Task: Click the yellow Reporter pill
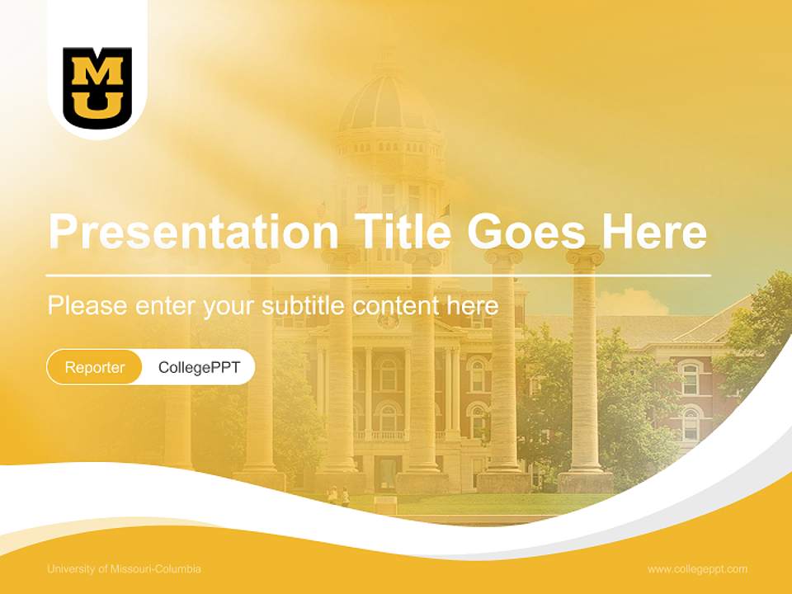coord(95,367)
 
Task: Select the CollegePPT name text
coord(199,367)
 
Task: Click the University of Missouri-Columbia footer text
coord(124,569)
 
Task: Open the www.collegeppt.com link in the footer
coord(697,569)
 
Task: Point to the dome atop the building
coord(388,103)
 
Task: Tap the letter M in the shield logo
coord(97,73)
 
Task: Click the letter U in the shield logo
coord(97,104)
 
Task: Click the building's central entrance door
coord(385,473)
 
